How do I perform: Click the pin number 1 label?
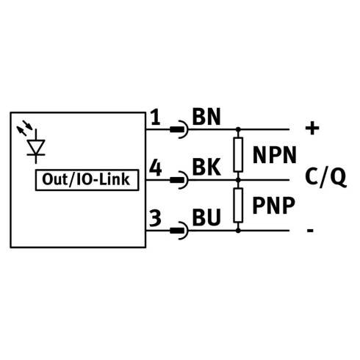click(155, 118)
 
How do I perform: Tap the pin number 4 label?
click(156, 168)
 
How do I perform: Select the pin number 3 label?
click(155, 217)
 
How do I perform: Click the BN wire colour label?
click(206, 117)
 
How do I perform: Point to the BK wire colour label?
click(206, 167)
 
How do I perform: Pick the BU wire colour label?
click(206, 217)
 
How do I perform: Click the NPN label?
click(275, 155)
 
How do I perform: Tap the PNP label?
click(273, 205)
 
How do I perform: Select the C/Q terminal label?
click(325, 177)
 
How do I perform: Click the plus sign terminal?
click(312, 129)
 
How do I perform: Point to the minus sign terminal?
click(310, 231)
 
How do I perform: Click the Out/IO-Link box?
click(87, 180)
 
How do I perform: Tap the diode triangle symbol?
click(36, 147)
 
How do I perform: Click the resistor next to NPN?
click(238, 154)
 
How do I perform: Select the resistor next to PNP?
click(238, 205)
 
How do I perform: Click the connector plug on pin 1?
click(179, 129)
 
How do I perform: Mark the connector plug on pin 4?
click(179, 180)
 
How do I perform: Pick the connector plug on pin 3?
click(179, 231)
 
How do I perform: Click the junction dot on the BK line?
click(238, 180)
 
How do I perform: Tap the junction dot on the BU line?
click(238, 231)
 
